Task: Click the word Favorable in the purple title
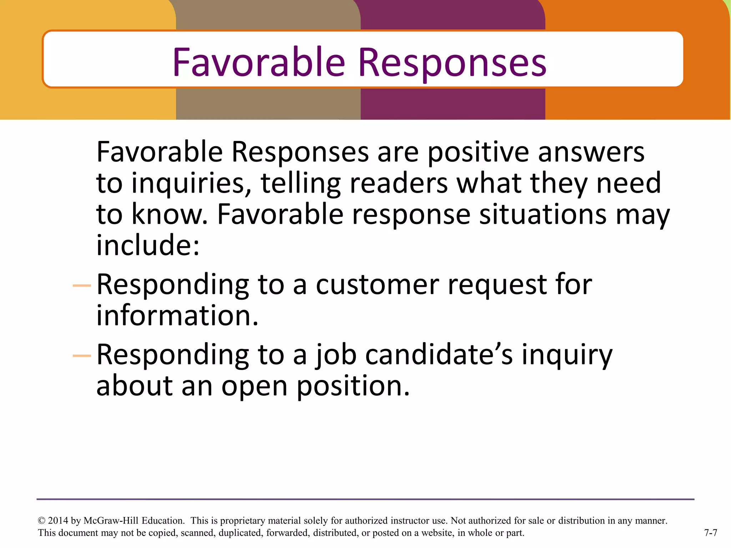tap(259, 62)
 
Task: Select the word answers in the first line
tap(591, 152)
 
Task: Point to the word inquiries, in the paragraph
tap(191, 183)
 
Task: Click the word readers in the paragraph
tap(398, 183)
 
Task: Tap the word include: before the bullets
tap(148, 245)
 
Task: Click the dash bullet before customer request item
tap(82, 285)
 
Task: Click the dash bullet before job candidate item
tap(82, 356)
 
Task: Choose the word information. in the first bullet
tap(177, 316)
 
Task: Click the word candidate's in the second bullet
tap(439, 355)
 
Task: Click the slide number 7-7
tap(710, 533)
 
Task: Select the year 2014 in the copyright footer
tap(58, 521)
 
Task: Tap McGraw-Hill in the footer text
tap(111, 521)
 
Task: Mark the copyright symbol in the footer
tap(41, 521)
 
